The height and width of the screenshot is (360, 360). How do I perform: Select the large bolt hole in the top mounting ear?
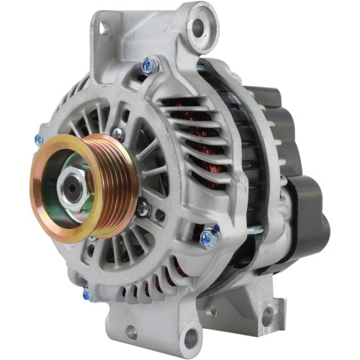coord(199,28)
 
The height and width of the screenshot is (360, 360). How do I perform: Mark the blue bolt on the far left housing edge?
coord(39,140)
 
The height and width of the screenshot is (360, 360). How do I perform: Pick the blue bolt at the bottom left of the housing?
coord(87,293)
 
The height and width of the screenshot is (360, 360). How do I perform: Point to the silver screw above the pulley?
coord(117,132)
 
